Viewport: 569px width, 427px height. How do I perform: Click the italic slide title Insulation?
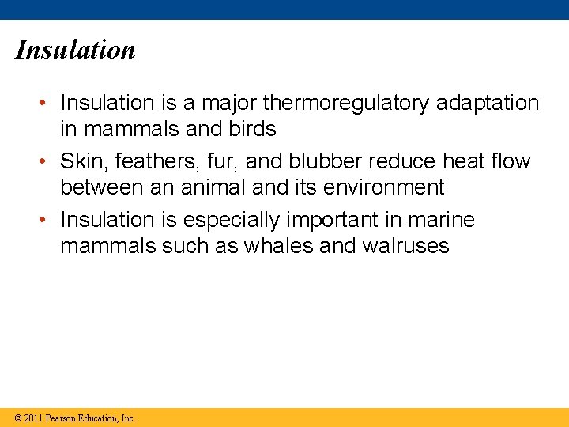pos(75,50)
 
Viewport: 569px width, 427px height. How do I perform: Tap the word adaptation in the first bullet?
pos(492,103)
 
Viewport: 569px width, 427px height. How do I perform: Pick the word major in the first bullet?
pos(225,103)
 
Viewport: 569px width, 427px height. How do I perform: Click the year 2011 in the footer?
pos(32,418)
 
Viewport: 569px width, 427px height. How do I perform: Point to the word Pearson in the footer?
pos(61,418)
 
